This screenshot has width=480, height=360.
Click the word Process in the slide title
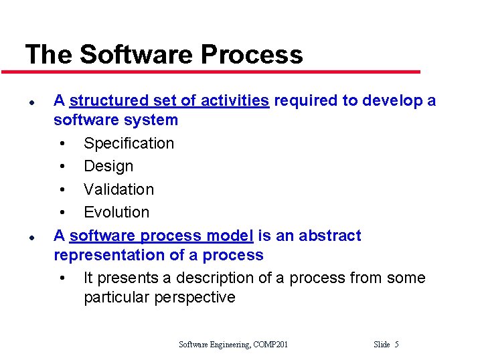[x=256, y=54]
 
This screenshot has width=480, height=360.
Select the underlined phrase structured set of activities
[x=169, y=101]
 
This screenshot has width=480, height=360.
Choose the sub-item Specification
[x=129, y=143]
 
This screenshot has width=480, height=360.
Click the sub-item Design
[x=108, y=166]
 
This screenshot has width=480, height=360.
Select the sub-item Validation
[x=118, y=189]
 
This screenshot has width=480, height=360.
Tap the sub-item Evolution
[x=116, y=212]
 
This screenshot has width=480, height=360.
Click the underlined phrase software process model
[x=161, y=236]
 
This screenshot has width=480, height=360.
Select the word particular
[x=116, y=297]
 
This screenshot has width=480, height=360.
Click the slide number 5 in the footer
[x=396, y=345]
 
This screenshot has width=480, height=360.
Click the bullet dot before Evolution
[x=62, y=213]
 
